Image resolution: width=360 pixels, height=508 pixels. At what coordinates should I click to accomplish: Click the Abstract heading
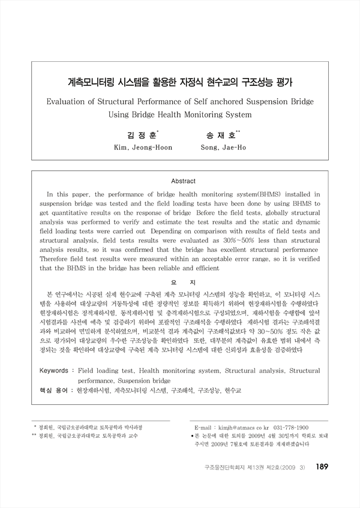pyautogui.click(x=184, y=181)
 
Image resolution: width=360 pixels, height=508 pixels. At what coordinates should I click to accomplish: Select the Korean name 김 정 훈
pyautogui.click(x=140, y=135)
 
